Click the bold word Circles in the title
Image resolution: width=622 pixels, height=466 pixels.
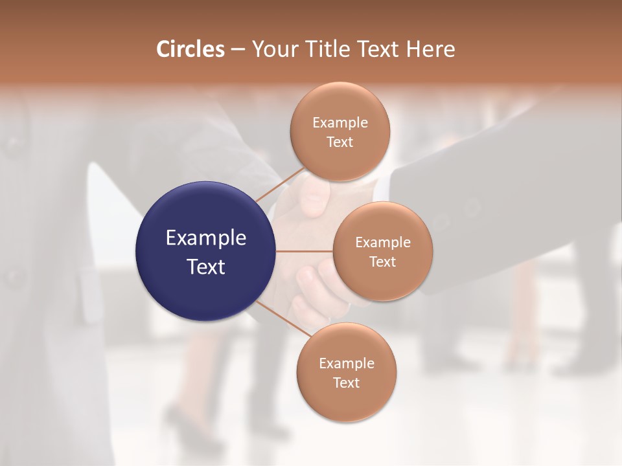point(190,49)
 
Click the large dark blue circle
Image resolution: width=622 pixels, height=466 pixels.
point(206,251)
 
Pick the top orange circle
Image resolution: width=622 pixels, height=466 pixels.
point(340,132)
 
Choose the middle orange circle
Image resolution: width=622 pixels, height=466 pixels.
point(382,252)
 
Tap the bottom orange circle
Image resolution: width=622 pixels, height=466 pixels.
point(346,373)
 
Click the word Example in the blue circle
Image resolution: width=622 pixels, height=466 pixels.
point(206,238)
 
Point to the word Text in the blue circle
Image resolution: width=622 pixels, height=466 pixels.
point(206,267)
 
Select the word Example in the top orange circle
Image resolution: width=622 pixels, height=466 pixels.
point(340,122)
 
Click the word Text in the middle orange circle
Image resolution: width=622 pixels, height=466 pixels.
point(382,262)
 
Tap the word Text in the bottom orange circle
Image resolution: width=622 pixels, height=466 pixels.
point(346,383)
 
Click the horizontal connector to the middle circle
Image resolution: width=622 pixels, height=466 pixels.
point(304,251)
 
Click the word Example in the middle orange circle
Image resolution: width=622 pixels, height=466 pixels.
point(382,243)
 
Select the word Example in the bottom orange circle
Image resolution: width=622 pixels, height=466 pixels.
point(346,364)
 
